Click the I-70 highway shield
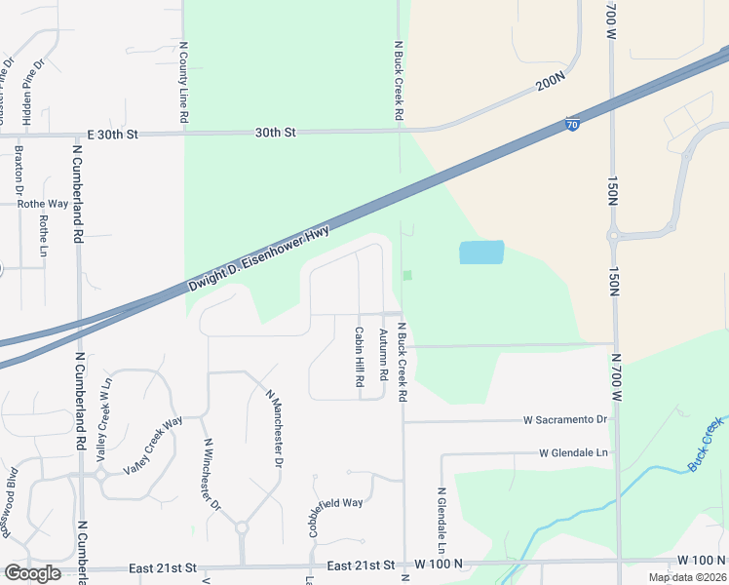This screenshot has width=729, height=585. pos(573,124)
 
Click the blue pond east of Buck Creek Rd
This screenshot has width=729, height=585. pos(481,253)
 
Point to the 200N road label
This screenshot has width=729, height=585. pos(551,84)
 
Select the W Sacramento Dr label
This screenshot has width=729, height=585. pos(564,420)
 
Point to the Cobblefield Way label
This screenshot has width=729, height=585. pos(335,504)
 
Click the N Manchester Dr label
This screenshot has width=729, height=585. pos(274,427)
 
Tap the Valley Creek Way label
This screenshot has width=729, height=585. pos(153,447)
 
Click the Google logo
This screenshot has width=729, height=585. pos(32,573)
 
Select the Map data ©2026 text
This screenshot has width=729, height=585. pos(687,577)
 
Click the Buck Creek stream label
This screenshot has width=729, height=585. pos(706,445)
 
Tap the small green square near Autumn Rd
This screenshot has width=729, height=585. pos(407,275)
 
